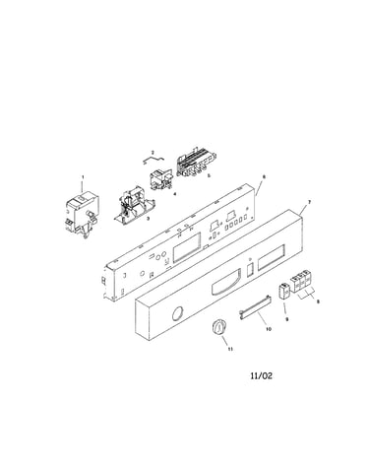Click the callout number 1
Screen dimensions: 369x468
click(x=83, y=177)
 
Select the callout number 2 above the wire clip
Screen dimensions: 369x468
click(x=153, y=153)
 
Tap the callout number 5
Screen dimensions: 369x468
click(x=209, y=175)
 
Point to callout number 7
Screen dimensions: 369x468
click(x=309, y=201)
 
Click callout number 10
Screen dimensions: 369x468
click(x=269, y=329)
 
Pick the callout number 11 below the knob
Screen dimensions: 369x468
click(x=230, y=349)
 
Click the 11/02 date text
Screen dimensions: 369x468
click(x=261, y=375)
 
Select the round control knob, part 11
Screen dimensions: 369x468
click(x=217, y=327)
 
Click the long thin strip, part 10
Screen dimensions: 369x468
click(x=255, y=308)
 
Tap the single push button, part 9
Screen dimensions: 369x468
click(x=284, y=291)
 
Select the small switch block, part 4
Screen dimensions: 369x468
click(x=160, y=180)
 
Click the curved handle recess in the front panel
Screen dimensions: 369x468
click(x=226, y=282)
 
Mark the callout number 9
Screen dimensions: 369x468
click(x=287, y=318)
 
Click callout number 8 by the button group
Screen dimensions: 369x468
click(x=318, y=301)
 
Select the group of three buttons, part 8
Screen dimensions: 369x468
click(x=301, y=281)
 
